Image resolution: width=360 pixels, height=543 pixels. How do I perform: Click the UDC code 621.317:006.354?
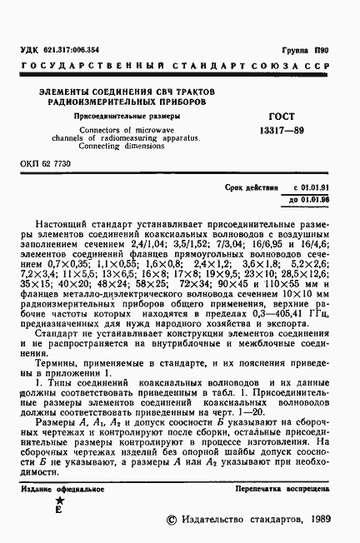coord(72,50)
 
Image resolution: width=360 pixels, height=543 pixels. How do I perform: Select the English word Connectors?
coord(97,130)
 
